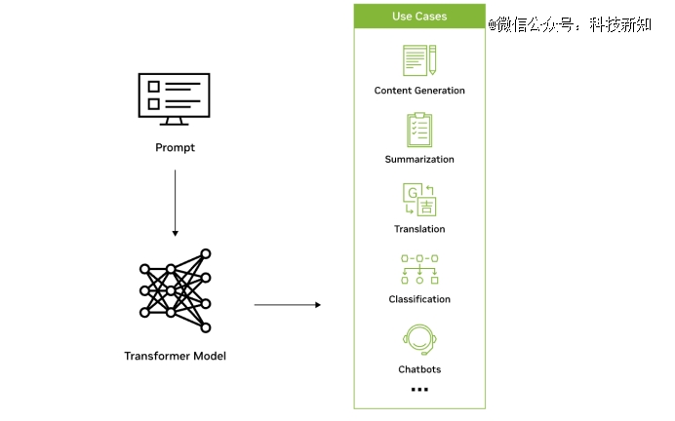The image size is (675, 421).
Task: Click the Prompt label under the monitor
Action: tap(175, 148)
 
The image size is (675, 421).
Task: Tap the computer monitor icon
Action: tap(175, 97)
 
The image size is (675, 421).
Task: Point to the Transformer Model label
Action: tap(175, 356)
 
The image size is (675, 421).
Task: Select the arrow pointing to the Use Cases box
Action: tap(287, 305)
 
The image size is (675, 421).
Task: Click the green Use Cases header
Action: tap(419, 17)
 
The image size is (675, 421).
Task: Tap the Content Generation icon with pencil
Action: tap(419, 59)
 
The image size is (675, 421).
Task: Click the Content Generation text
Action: tap(419, 91)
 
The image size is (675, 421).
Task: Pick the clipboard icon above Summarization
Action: tap(419, 130)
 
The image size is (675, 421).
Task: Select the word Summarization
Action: tap(419, 159)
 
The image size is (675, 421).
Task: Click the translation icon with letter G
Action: tap(419, 200)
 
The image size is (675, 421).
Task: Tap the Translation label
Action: tap(419, 229)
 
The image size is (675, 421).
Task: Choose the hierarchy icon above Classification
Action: tap(419, 269)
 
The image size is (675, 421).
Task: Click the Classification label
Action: tap(419, 299)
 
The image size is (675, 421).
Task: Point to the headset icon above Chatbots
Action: tap(419, 340)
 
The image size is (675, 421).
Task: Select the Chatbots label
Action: tap(419, 369)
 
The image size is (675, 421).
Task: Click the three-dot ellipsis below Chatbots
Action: tap(419, 389)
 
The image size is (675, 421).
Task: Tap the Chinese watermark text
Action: tap(570, 25)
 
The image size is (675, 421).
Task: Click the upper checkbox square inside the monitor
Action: tap(152, 86)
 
